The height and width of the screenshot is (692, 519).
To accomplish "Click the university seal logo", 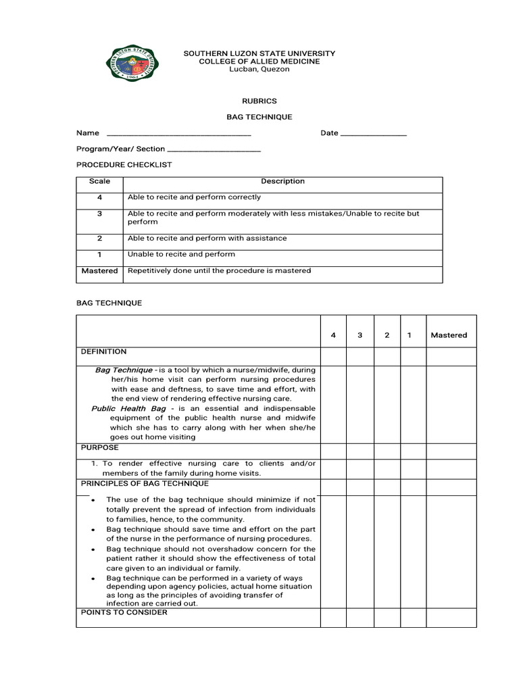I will pyautogui.click(x=134, y=64).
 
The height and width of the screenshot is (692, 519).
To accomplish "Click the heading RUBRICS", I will pyautogui.click(x=259, y=101).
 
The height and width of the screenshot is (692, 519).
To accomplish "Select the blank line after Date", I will pyautogui.click(x=374, y=134).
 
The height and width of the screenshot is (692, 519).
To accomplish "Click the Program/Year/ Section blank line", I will pyautogui.click(x=214, y=149).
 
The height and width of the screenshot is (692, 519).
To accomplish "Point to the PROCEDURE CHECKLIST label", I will pyautogui.click(x=124, y=164).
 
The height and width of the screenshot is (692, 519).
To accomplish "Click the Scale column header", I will pyautogui.click(x=99, y=182).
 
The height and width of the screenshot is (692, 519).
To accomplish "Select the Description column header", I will pyautogui.click(x=282, y=182).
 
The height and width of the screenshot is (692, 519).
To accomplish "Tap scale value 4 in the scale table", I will pyautogui.click(x=99, y=198).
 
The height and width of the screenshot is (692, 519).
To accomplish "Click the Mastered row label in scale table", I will pyautogui.click(x=99, y=271).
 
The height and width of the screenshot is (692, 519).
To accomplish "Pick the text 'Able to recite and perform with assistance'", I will pyautogui.click(x=207, y=239).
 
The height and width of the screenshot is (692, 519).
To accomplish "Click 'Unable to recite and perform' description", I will pyautogui.click(x=181, y=255).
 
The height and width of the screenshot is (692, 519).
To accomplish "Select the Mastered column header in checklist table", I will pyautogui.click(x=449, y=335).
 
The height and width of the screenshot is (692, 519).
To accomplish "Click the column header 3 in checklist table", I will pyautogui.click(x=360, y=335).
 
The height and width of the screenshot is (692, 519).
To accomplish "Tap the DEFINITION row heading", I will pyautogui.click(x=103, y=352).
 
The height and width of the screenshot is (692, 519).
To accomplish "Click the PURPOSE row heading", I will pyautogui.click(x=99, y=448).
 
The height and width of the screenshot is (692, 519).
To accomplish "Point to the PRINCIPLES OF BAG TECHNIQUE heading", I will pyautogui.click(x=145, y=484).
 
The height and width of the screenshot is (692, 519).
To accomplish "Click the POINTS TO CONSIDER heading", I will pyautogui.click(x=124, y=613).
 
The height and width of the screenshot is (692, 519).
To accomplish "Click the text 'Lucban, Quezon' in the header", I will pyautogui.click(x=259, y=70).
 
